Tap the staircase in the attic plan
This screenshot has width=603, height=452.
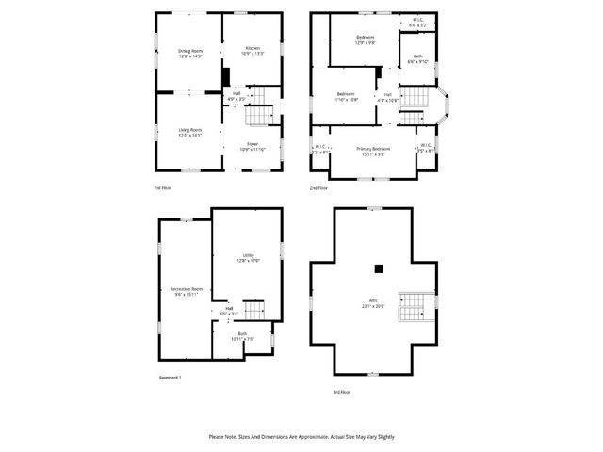click(x=414, y=305)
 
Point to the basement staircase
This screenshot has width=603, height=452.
click(x=252, y=310)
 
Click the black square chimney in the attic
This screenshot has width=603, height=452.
click(x=379, y=268)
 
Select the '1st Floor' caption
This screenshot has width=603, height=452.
click(x=164, y=188)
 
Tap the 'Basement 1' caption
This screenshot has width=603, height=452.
click(x=169, y=378)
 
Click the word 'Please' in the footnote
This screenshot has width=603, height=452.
click(x=215, y=437)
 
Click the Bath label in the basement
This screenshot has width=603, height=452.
click(x=242, y=335)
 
